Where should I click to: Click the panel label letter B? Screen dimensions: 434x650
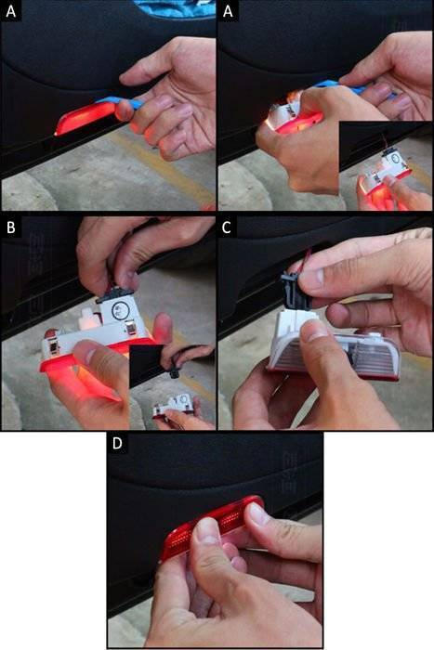pyautogui.click(x=11, y=227)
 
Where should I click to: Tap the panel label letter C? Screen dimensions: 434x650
pyautogui.click(x=227, y=227)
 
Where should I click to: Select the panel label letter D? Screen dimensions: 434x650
pyautogui.click(x=117, y=443)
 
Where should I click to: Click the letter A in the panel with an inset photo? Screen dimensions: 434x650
pyautogui.click(x=228, y=11)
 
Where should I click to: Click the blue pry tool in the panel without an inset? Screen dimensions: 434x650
pyautogui.click(x=120, y=102)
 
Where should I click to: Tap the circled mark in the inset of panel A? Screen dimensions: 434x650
pyautogui.click(x=395, y=159)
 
